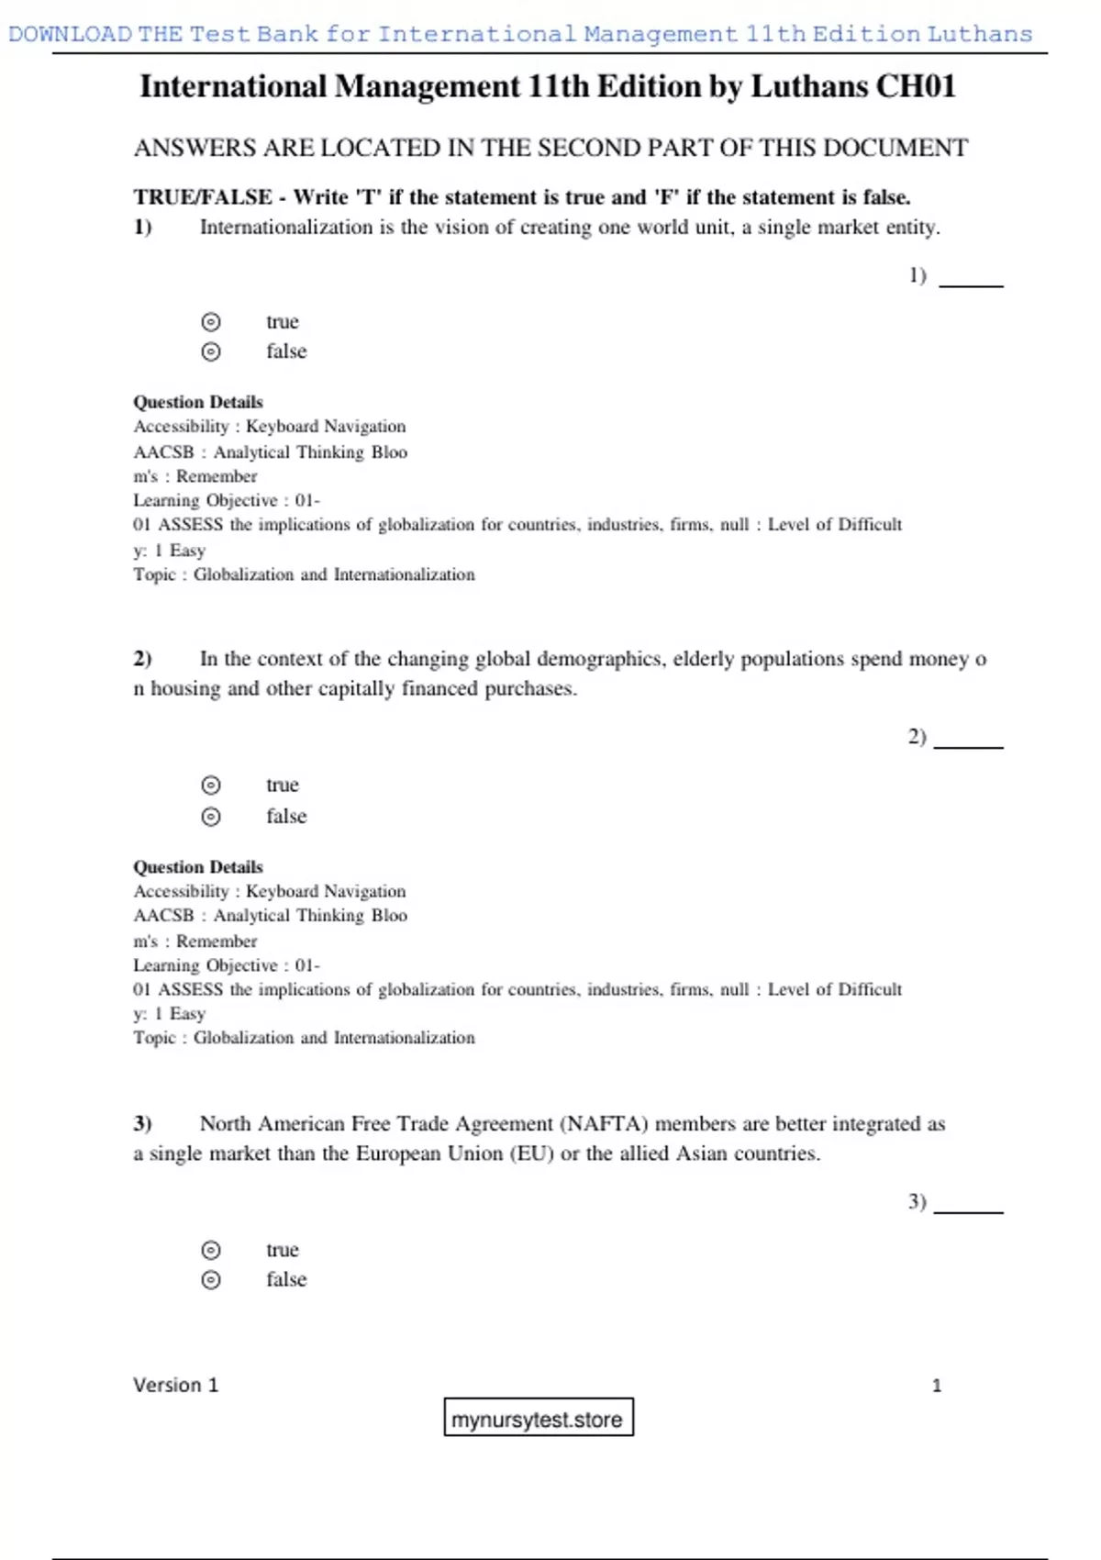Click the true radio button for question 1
tap(211, 322)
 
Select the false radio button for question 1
tap(211, 351)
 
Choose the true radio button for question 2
tap(211, 786)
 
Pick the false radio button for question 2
tap(211, 817)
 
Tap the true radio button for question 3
tap(211, 1250)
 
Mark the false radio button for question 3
tap(211, 1280)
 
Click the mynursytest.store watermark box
tap(538, 1418)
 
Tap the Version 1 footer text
tap(175, 1385)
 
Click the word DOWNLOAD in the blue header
tap(70, 35)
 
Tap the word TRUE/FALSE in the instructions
tap(203, 197)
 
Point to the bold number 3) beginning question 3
tap(142, 1124)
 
